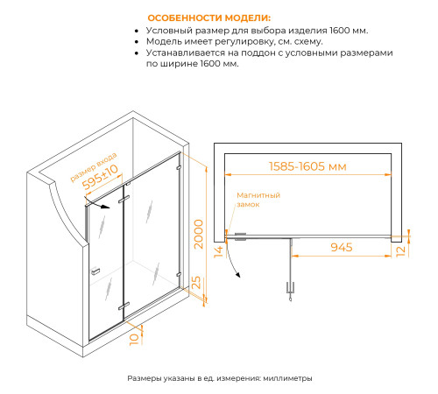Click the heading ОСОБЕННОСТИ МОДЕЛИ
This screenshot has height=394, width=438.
(x=209, y=18)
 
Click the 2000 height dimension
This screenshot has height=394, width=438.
(x=199, y=234)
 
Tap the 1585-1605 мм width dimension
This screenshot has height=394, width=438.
(x=307, y=166)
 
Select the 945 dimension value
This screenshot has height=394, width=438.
(x=342, y=247)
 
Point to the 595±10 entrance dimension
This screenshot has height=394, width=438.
(x=100, y=177)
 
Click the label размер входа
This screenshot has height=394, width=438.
(x=94, y=167)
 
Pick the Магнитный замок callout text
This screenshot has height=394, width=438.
(x=258, y=200)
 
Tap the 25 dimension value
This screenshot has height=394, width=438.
(x=196, y=282)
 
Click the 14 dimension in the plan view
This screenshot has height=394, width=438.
(x=218, y=252)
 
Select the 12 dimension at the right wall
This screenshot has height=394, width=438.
(x=400, y=251)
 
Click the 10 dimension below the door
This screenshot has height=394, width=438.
(x=134, y=340)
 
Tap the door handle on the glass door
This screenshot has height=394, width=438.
(x=95, y=271)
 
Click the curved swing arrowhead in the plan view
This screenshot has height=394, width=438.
(x=238, y=275)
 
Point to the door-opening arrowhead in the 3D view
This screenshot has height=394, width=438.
(x=106, y=208)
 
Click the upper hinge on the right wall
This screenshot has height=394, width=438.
(x=179, y=168)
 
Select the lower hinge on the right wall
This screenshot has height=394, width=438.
(x=179, y=275)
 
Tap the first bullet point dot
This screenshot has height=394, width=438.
(x=137, y=31)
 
